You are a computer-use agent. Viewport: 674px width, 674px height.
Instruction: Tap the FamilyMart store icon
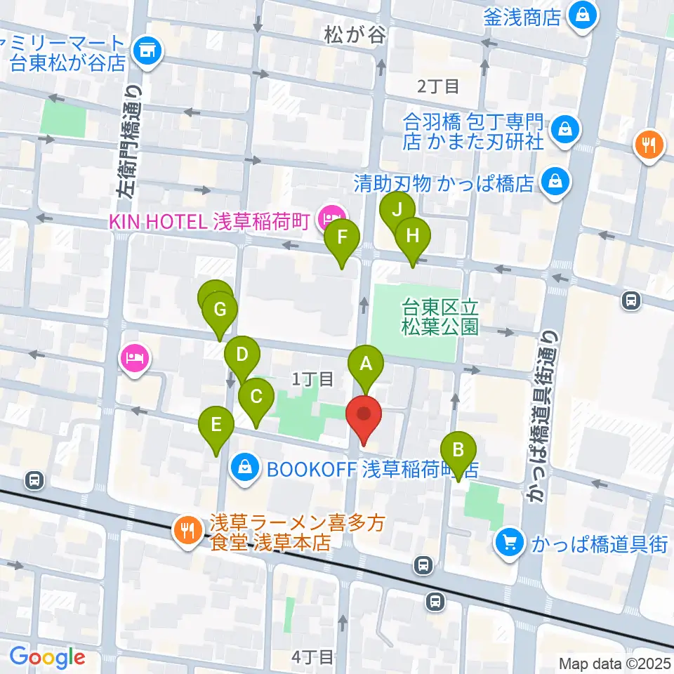(x=147, y=49)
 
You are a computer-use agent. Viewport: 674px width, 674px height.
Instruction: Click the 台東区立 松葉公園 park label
(x=440, y=316)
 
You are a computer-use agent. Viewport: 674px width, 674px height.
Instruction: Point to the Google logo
(x=48, y=656)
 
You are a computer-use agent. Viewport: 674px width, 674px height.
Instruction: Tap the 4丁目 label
(x=312, y=656)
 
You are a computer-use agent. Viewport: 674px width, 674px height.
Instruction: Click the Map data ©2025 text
(x=614, y=663)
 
